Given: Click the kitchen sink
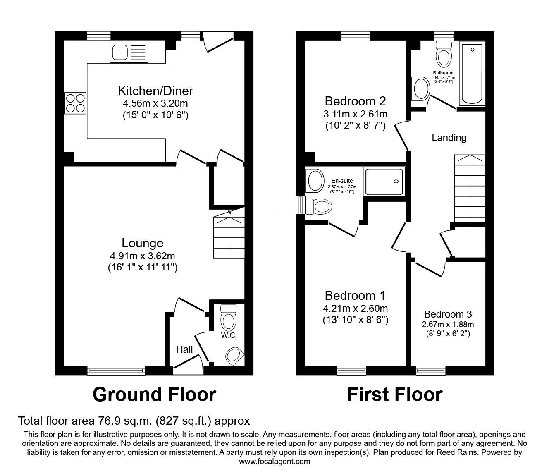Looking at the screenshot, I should pos(129,53).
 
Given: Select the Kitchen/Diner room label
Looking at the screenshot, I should pos(155,91).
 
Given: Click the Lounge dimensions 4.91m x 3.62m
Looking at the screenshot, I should pos(142,256).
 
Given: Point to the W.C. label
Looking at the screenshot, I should pos(229,335).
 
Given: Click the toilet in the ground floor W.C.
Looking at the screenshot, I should pos(228,317).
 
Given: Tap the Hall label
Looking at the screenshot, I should pos(184,349).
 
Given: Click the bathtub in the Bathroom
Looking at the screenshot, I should pos(473,74).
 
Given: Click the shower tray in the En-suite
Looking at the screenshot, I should pos(384,181).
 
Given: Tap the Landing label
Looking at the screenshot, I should pos(449,138).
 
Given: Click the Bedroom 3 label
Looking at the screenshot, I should pos(448,314).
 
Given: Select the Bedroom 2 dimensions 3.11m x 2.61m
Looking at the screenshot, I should pos(355,114).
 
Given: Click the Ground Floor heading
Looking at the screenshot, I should pos(154,394).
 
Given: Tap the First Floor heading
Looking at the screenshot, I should pos(394,394).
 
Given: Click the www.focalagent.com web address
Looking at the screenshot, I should pos(274,462).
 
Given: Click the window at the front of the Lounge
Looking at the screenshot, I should pos(116,370).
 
